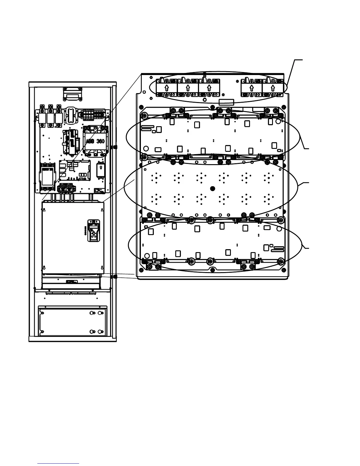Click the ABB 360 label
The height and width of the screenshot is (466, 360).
click(95, 141)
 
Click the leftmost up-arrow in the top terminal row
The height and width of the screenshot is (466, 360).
click(166, 88)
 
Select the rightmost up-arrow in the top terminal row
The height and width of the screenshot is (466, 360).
click(273, 88)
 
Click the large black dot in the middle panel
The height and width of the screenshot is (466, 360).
click(213, 188)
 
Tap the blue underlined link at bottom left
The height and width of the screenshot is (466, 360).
click(58, 464)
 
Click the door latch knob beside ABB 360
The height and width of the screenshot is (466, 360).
click(115, 146)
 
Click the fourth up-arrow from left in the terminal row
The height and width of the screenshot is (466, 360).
click(251, 88)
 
